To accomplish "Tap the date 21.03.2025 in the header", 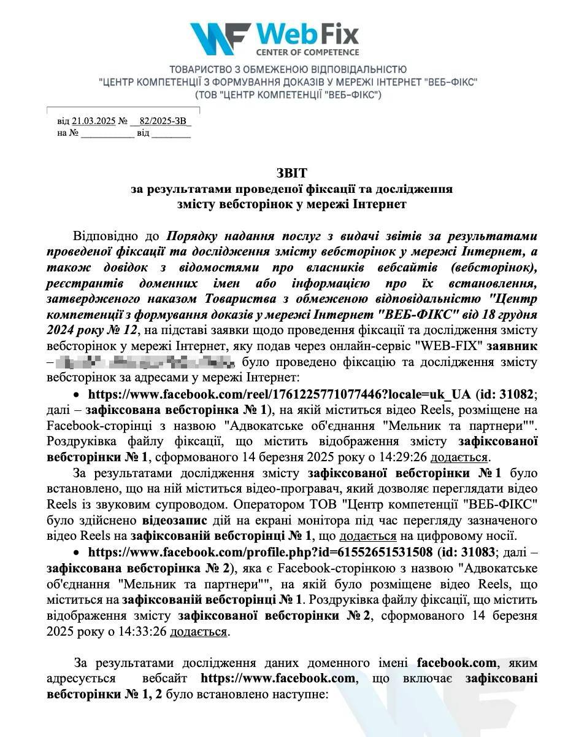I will coord(94,121).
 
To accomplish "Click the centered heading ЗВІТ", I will coord(293,174).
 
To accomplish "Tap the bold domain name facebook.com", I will coord(456,663).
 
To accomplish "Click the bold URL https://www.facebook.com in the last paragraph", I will coord(278,679).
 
